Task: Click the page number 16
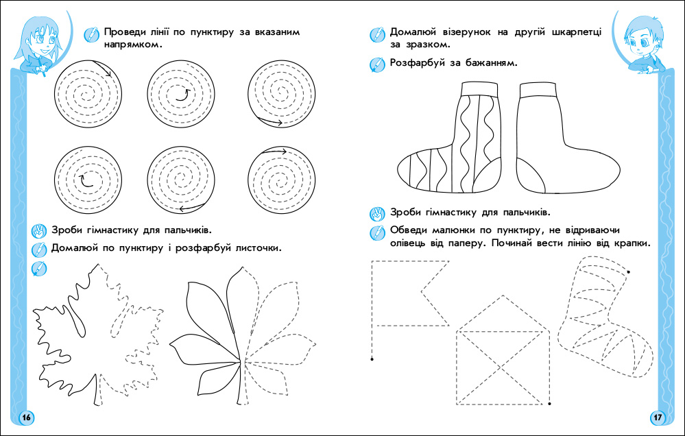pyautogui.click(x=26, y=417)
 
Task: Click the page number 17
pyautogui.click(x=657, y=417)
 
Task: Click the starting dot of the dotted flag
pyautogui.click(x=372, y=359)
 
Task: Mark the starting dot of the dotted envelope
pyautogui.click(x=549, y=403)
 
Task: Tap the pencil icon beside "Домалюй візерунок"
pyautogui.click(x=376, y=32)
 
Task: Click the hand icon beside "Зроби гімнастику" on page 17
pyautogui.click(x=376, y=213)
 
